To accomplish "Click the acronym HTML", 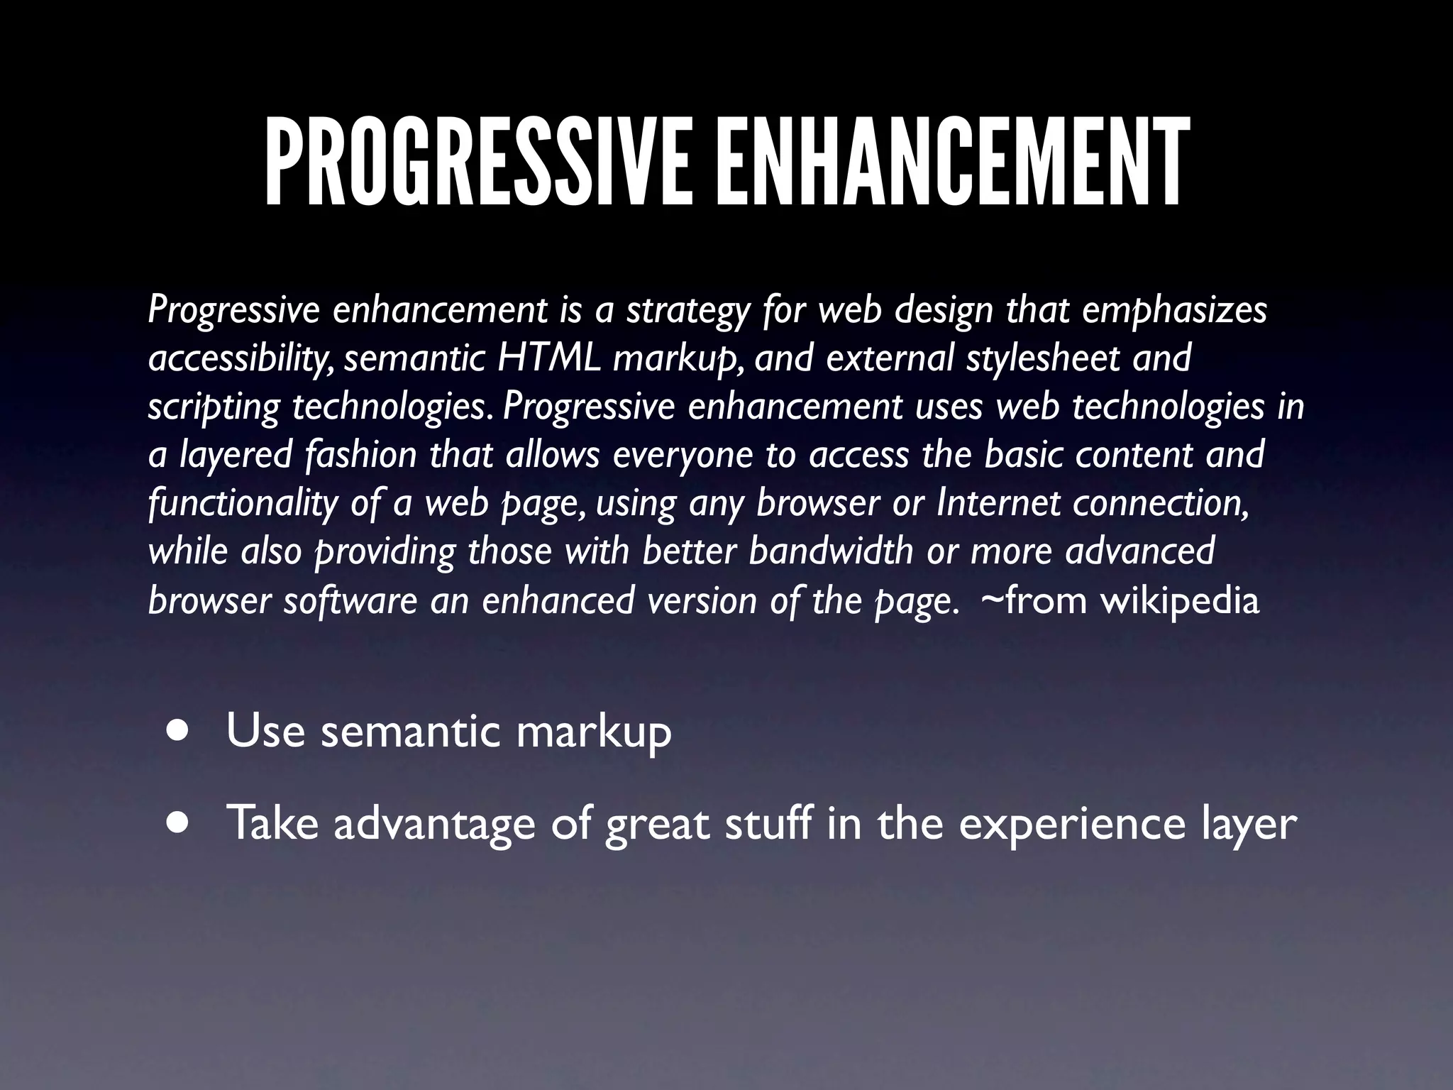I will click(549, 358).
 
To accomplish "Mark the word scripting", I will click(214, 407).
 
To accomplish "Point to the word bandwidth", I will click(831, 551).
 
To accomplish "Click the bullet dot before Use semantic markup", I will click(179, 730).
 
